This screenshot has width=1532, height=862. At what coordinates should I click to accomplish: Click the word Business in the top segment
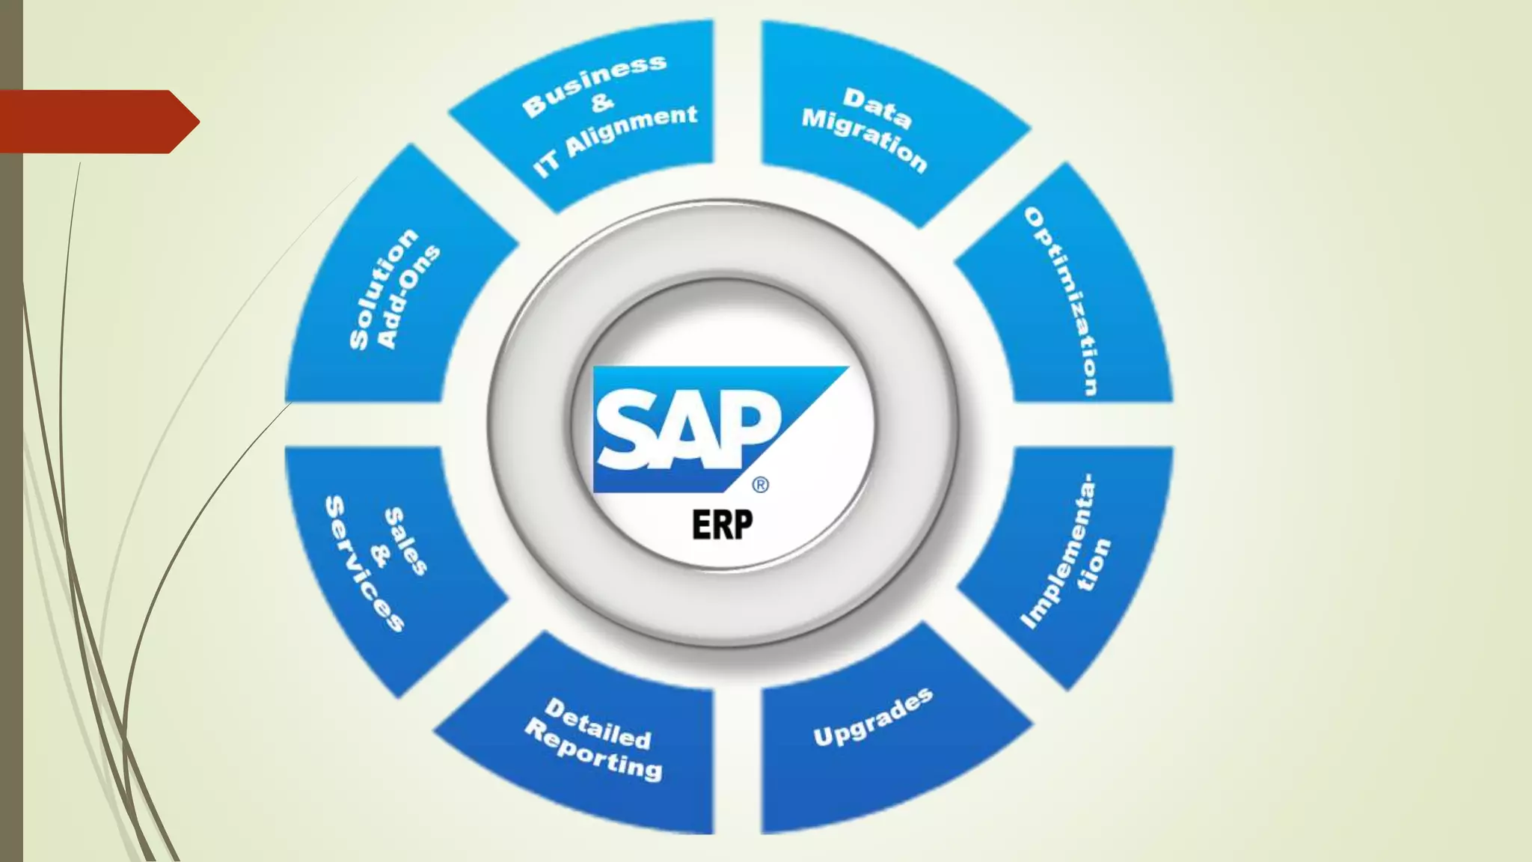coord(594,85)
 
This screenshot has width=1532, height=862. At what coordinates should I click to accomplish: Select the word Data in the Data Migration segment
coord(877,108)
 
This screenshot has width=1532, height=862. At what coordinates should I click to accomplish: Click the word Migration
coord(864,138)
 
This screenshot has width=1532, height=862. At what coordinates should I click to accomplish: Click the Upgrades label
coord(873,717)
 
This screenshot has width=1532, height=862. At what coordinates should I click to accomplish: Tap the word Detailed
coord(598,724)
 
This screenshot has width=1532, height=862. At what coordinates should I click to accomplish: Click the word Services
coord(364,563)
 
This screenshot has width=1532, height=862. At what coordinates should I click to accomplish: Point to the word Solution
coord(383,289)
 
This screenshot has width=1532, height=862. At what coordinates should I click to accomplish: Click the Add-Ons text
coord(408,297)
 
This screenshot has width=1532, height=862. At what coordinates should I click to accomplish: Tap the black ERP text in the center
coord(722,525)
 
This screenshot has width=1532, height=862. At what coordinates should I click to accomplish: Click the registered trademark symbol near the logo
coord(760,485)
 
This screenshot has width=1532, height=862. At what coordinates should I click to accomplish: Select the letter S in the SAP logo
coord(627,430)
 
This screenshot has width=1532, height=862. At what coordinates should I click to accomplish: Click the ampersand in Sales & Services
coord(381,555)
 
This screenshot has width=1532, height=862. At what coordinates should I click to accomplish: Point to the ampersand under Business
coord(602,102)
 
